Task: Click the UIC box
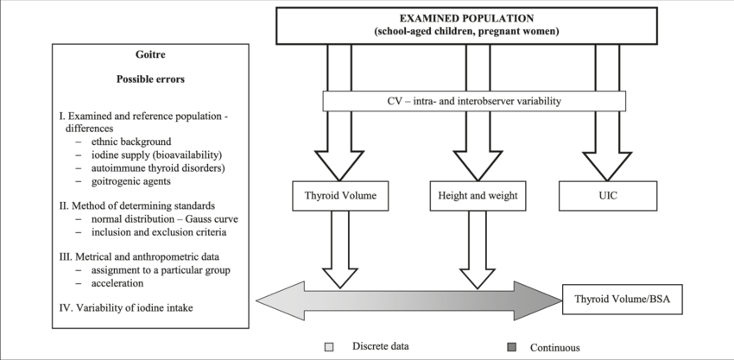click(x=606, y=196)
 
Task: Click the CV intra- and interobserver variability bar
click(x=473, y=101)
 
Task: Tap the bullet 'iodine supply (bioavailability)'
click(x=150, y=154)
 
